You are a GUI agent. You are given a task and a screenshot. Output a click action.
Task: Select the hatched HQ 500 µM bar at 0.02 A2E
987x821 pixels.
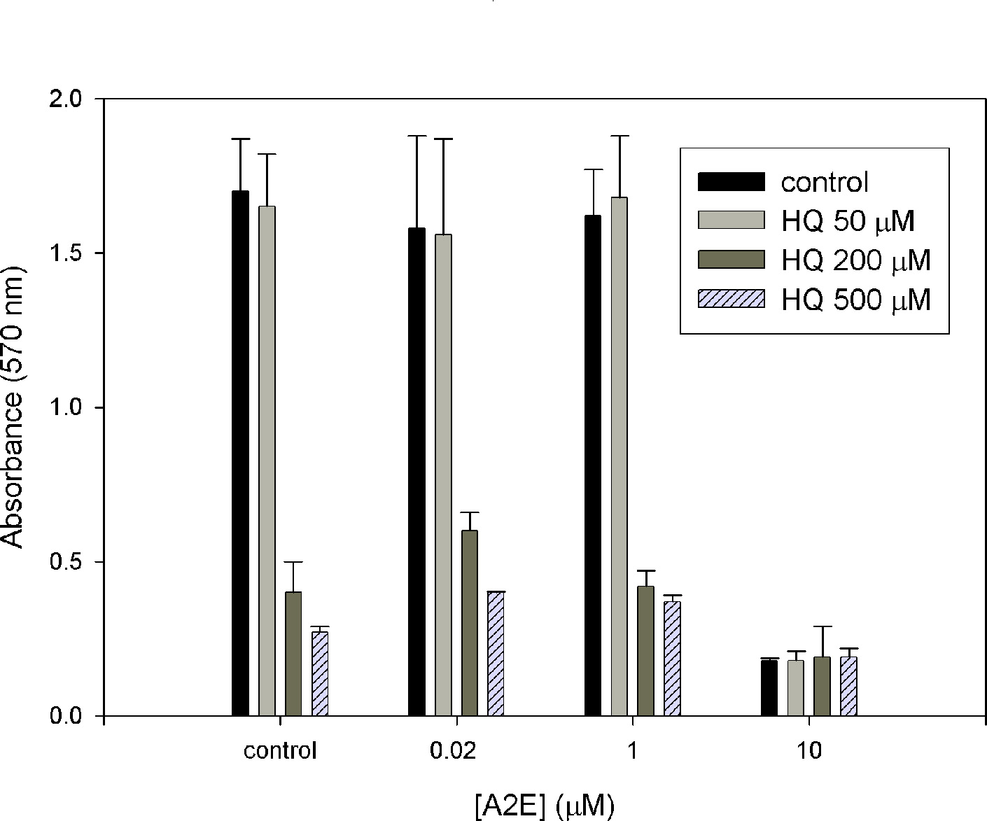496,654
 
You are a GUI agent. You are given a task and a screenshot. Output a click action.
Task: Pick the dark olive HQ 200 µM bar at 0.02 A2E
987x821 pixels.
470,623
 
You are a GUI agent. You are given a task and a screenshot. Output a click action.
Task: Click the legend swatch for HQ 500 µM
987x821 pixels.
731,300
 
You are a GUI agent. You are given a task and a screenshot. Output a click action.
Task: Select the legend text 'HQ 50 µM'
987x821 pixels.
848,221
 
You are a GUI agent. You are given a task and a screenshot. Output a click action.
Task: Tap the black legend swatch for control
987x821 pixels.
731,182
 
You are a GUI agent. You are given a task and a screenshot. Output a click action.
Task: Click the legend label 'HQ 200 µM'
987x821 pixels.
855,260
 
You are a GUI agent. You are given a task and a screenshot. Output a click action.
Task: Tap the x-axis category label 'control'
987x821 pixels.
280,752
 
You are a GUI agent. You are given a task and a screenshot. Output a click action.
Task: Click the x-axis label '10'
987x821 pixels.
808,752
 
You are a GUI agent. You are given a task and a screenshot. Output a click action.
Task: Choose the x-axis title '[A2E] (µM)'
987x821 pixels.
543,806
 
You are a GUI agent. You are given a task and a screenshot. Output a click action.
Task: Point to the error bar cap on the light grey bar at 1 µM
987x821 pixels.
619,136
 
